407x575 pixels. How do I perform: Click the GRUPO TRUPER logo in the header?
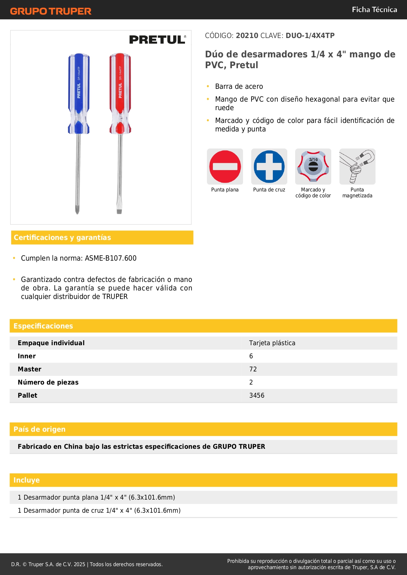point(51,11)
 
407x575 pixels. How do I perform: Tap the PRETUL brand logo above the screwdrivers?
point(157,40)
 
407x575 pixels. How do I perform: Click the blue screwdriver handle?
point(79,93)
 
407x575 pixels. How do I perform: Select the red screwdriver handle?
point(120,93)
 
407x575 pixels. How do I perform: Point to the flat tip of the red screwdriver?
point(119,210)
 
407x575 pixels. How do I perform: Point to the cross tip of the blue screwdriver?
point(77,210)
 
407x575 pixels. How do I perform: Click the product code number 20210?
point(247,35)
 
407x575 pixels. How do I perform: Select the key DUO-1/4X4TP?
point(310,35)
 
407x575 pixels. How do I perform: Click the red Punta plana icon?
point(225,167)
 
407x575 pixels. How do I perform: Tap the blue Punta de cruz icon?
point(269,167)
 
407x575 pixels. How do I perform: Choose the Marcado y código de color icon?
point(313,167)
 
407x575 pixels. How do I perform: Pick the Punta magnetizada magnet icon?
point(357,167)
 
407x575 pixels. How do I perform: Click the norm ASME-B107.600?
point(111,258)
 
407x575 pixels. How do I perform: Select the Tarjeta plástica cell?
point(272,343)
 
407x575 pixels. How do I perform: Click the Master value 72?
point(253,369)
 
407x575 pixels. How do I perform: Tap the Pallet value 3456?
point(256,395)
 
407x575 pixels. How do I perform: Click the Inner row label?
point(27,356)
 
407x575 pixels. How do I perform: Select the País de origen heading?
point(39,429)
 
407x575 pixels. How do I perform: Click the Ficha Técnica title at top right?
point(374,10)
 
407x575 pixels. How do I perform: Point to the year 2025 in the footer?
point(79,564)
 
